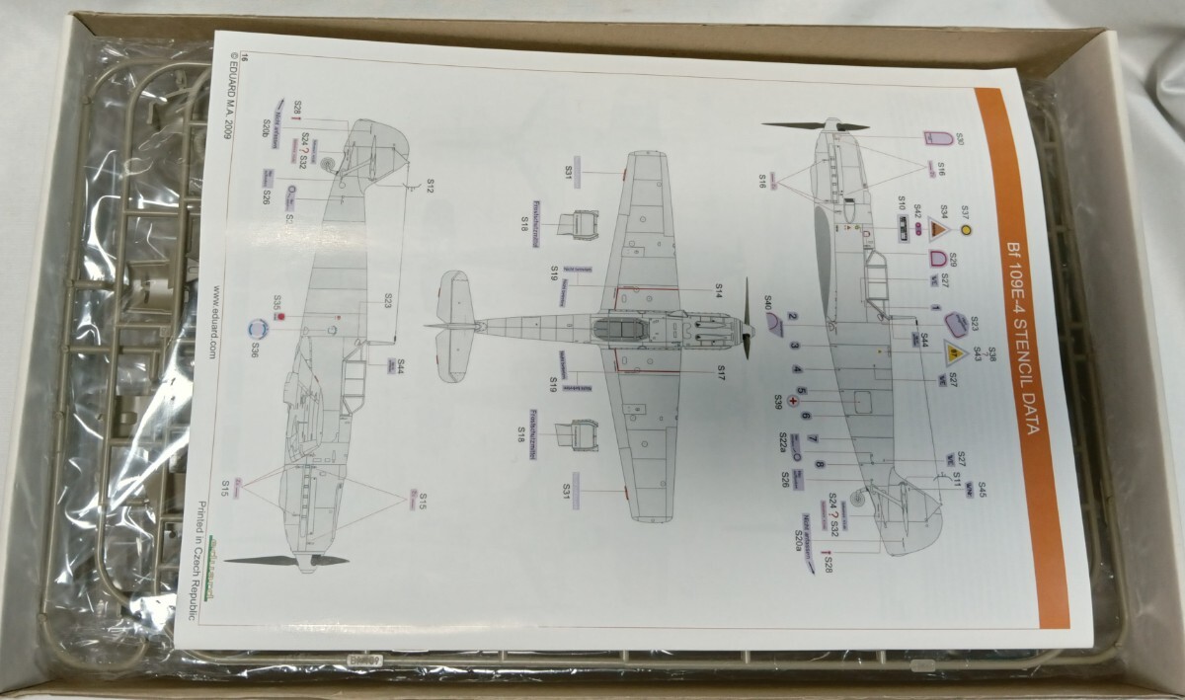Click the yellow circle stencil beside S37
pos(966,230)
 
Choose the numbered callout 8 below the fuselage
pos(820,465)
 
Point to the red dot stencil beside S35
pos(280,318)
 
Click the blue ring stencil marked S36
pos(258,329)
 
